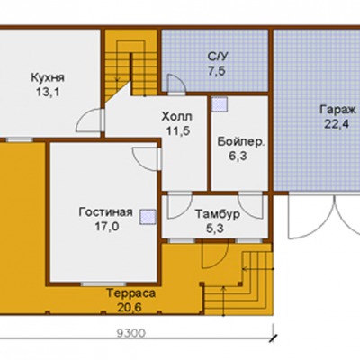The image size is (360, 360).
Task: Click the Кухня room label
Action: coord(48,77)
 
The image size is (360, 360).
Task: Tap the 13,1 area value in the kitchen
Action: coord(48,92)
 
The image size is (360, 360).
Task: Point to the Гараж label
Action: coord(337,110)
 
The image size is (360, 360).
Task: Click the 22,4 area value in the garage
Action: coord(337,123)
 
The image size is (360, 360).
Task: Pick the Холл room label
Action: coord(177,117)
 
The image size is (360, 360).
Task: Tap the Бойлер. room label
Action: coord(241,141)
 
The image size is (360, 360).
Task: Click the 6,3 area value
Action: coord(238,156)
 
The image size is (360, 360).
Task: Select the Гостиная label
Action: coord(105,212)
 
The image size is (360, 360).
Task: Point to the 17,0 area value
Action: coord(107,227)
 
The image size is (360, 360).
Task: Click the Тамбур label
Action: coord(218,215)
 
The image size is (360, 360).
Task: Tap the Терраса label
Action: coord(131,293)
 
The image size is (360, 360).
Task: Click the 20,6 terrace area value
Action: coord(130,308)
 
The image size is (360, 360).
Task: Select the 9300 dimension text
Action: coord(130,333)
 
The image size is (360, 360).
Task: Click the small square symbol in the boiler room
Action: coord(220,104)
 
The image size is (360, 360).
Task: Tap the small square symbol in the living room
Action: coord(148,217)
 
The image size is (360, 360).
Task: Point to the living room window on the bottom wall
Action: coord(103,283)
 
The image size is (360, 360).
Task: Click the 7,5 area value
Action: coord(217,71)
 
